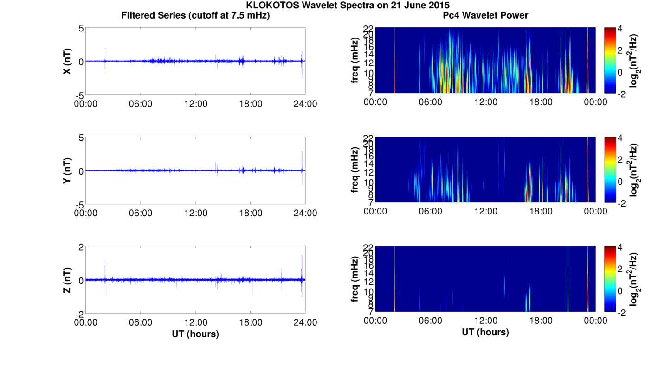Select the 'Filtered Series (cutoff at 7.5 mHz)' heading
(x=195, y=16)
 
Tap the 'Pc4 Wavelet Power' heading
(x=485, y=16)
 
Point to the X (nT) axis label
(x=68, y=61)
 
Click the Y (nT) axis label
(x=68, y=170)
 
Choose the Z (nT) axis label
(x=68, y=280)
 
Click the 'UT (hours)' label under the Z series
(x=195, y=334)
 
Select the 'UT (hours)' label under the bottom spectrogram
(x=485, y=332)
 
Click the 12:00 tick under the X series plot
(x=195, y=104)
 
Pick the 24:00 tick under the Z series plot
(x=305, y=322)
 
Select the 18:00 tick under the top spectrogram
(x=541, y=102)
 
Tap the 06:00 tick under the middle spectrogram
(x=430, y=211)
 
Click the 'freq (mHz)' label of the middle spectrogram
(x=355, y=170)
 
